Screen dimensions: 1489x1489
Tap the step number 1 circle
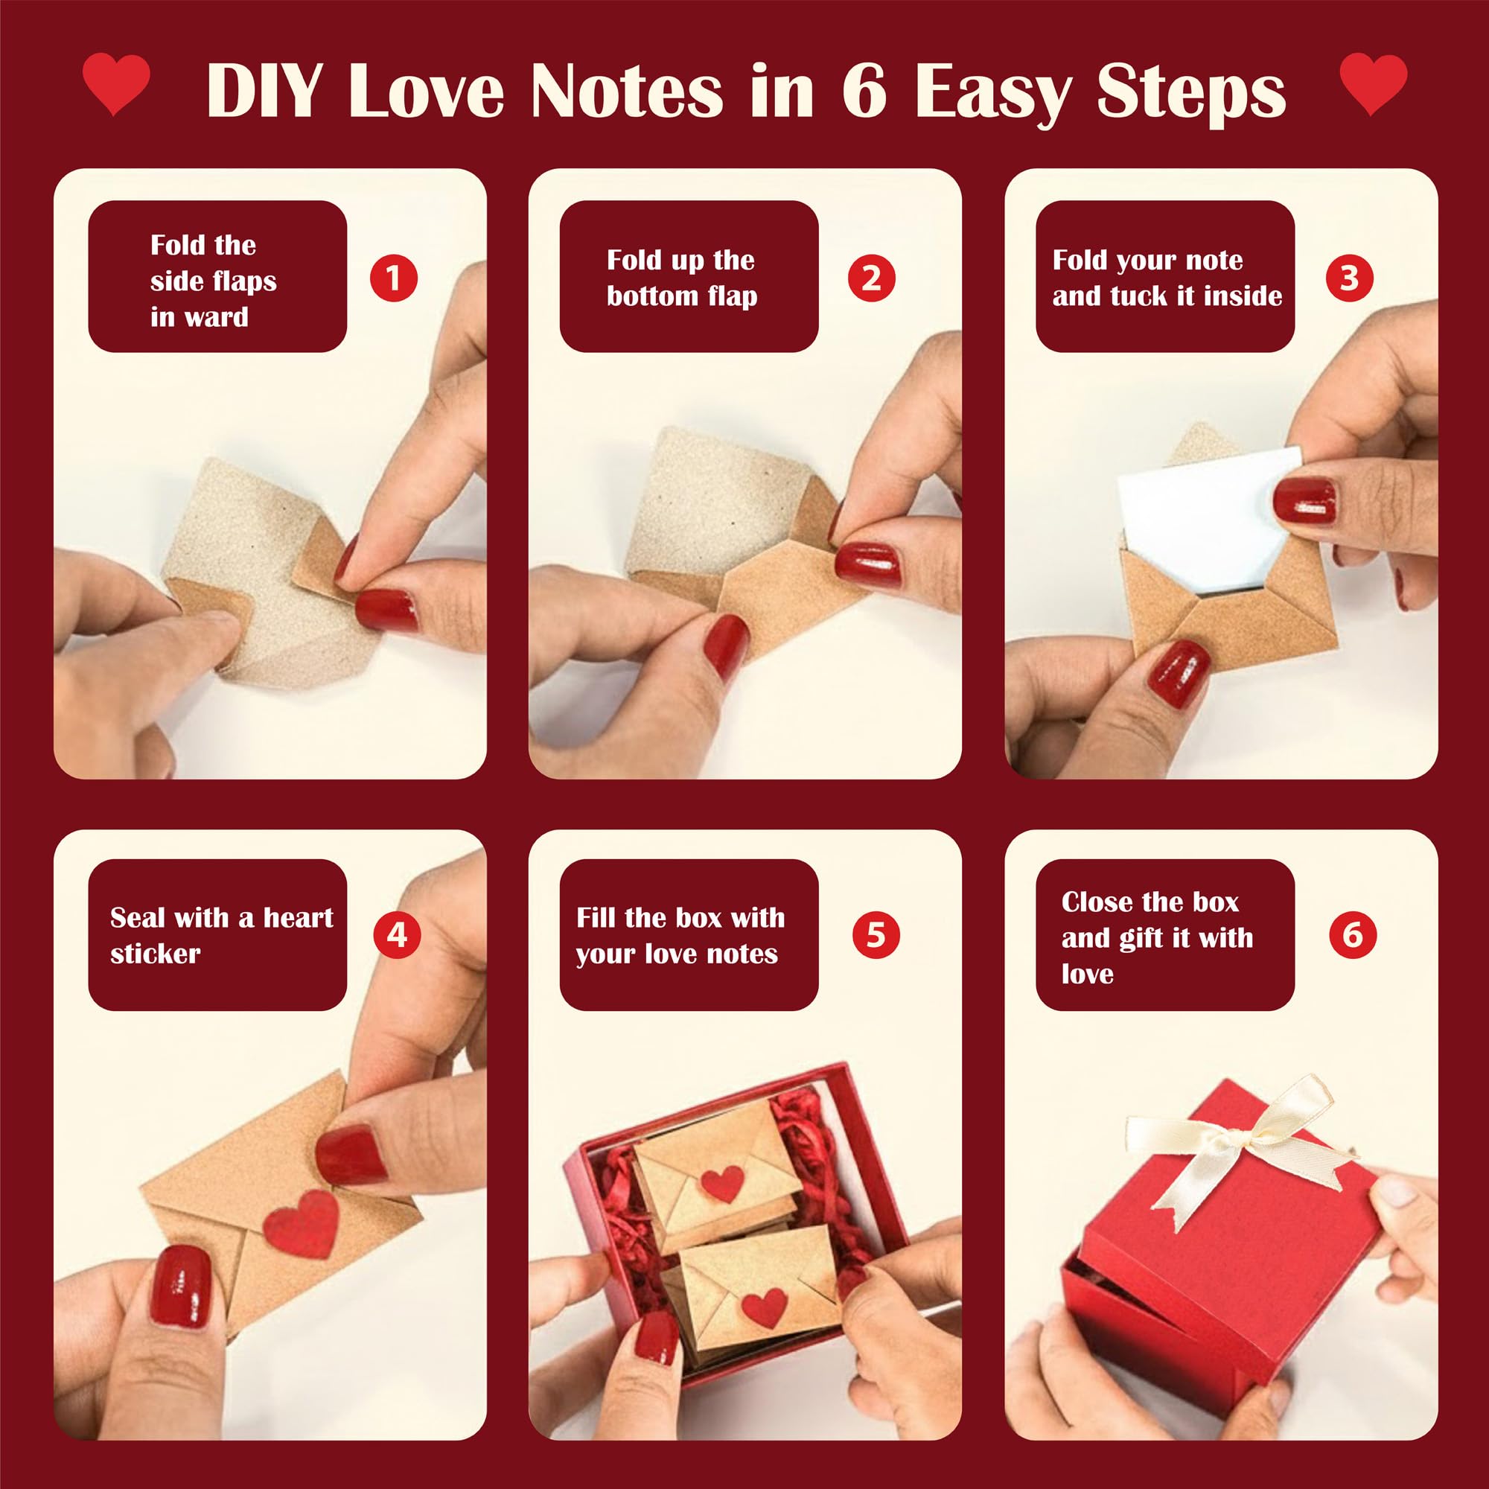[x=393, y=278]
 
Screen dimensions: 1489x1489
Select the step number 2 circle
[x=871, y=278]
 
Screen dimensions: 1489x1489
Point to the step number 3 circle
[x=1349, y=278]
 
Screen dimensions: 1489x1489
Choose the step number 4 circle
[x=397, y=935]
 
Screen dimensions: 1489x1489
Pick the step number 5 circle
[x=876, y=935]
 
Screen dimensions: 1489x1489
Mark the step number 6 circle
[x=1353, y=935]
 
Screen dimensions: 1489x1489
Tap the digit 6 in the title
[x=864, y=91]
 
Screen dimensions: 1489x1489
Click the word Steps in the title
[x=1191, y=94]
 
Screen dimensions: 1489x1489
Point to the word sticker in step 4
[x=155, y=954]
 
